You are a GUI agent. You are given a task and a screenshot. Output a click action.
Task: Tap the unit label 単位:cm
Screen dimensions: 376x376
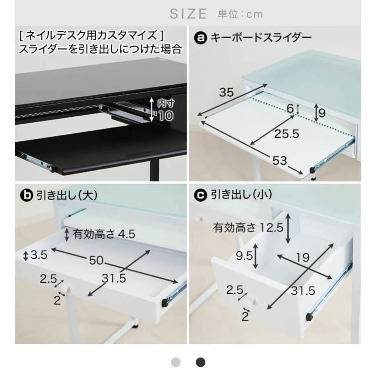tap(240, 14)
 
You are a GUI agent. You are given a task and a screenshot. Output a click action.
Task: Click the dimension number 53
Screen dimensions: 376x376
tap(280, 160)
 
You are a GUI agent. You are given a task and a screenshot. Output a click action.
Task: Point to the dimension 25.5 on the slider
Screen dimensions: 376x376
tap(287, 134)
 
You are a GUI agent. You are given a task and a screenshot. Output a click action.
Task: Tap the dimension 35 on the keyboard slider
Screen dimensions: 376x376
tap(226, 92)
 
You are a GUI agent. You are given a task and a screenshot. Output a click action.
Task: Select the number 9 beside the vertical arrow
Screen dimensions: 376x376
tap(322, 113)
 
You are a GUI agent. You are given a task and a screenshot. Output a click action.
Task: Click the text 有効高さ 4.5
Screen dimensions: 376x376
tap(103, 234)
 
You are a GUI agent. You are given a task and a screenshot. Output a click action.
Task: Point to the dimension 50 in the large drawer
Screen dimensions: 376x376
tap(96, 260)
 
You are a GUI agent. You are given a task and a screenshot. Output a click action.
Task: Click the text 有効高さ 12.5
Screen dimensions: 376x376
tap(248, 228)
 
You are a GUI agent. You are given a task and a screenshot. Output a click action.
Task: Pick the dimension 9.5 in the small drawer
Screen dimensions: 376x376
tap(244, 257)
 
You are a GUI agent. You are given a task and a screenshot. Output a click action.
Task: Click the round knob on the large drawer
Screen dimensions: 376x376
tap(64, 289)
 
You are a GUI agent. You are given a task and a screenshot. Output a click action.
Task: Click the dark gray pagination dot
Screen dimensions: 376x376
tap(200, 362)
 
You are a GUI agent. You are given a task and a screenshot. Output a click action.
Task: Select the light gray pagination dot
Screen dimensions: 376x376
tap(176, 362)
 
